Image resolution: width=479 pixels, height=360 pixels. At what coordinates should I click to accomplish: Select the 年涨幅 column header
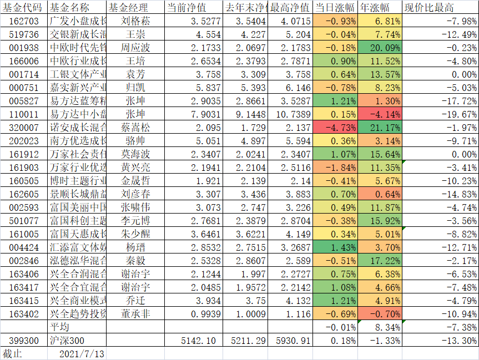click(x=374, y=8)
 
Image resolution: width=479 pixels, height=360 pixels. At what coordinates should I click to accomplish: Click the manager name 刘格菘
click(x=136, y=21)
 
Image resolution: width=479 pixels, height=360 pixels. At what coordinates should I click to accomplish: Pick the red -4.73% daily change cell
click(x=335, y=128)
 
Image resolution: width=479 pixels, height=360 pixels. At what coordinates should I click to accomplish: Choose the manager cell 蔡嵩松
click(x=136, y=128)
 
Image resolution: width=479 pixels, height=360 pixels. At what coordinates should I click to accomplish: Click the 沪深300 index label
click(x=68, y=340)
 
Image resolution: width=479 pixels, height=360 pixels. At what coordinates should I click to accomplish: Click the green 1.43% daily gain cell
click(x=335, y=247)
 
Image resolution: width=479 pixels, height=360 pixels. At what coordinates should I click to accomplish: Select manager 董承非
click(x=136, y=313)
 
